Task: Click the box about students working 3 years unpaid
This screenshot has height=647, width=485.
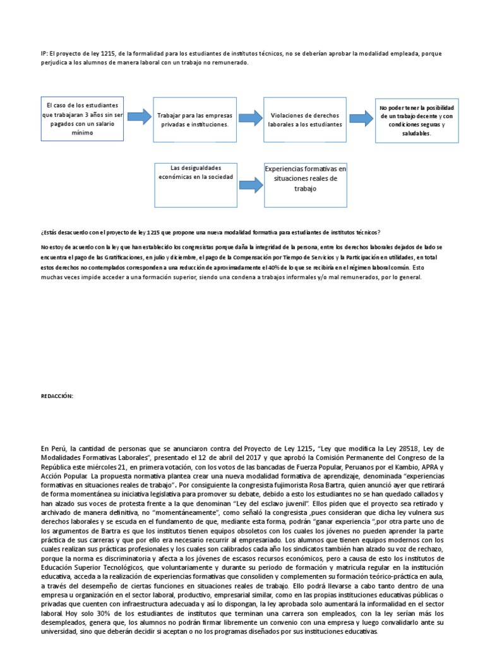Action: point(82,118)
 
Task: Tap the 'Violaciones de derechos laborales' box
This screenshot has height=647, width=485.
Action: point(305,119)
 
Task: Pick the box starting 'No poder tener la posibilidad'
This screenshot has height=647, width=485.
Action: point(416,121)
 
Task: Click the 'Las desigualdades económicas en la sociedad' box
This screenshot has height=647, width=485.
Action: point(195,183)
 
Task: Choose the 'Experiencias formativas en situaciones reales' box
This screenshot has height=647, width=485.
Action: point(306,184)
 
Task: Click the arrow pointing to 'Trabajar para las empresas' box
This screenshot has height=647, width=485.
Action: point(139,116)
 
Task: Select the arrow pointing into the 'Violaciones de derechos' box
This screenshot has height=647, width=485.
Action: point(250,117)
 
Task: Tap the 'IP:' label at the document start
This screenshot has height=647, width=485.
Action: point(43,54)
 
